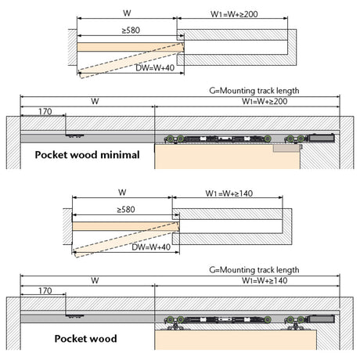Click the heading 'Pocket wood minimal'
click(88, 155)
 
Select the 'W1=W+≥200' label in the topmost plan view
click(234, 14)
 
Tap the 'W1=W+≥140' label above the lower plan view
click(229, 193)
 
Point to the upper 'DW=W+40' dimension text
click(155, 68)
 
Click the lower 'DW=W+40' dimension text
click(151, 247)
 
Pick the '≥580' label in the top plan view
click(131, 31)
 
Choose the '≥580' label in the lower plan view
click(126, 210)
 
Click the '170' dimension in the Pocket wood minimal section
click(45, 111)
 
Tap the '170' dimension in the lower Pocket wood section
click(45, 290)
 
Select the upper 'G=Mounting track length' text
click(254, 91)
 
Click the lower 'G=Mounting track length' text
click(254, 270)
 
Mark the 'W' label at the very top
click(127, 13)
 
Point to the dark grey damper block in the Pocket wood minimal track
click(322, 138)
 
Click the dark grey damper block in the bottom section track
click(322, 319)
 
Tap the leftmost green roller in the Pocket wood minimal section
click(170, 139)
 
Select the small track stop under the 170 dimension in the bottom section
click(74, 316)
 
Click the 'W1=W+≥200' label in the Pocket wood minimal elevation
click(265, 101)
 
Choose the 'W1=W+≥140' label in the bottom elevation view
click(265, 280)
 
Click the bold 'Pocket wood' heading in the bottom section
click(85, 339)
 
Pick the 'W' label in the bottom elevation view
click(95, 281)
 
